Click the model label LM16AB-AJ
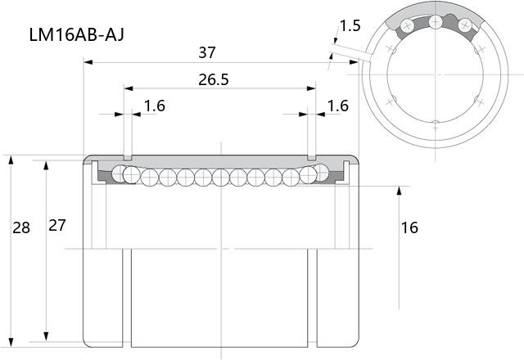coord(76,34)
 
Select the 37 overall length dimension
coord(207,52)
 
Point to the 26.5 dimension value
coord(213,80)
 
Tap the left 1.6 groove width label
coord(155,106)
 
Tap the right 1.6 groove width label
coord(338,106)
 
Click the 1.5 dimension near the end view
coord(350,25)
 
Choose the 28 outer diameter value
coord(21,227)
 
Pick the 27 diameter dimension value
coord(57,226)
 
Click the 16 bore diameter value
coord(409,227)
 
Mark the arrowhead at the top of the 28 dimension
coord(11,160)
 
